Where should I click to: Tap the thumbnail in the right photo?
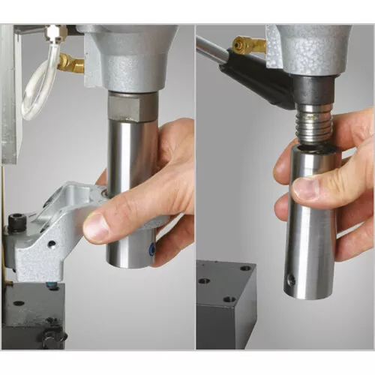(305, 188)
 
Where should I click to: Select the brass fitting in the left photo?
(71, 63)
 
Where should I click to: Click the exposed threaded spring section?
(313, 128)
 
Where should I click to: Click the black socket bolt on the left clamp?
(16, 222)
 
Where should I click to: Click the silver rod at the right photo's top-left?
(211, 49)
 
